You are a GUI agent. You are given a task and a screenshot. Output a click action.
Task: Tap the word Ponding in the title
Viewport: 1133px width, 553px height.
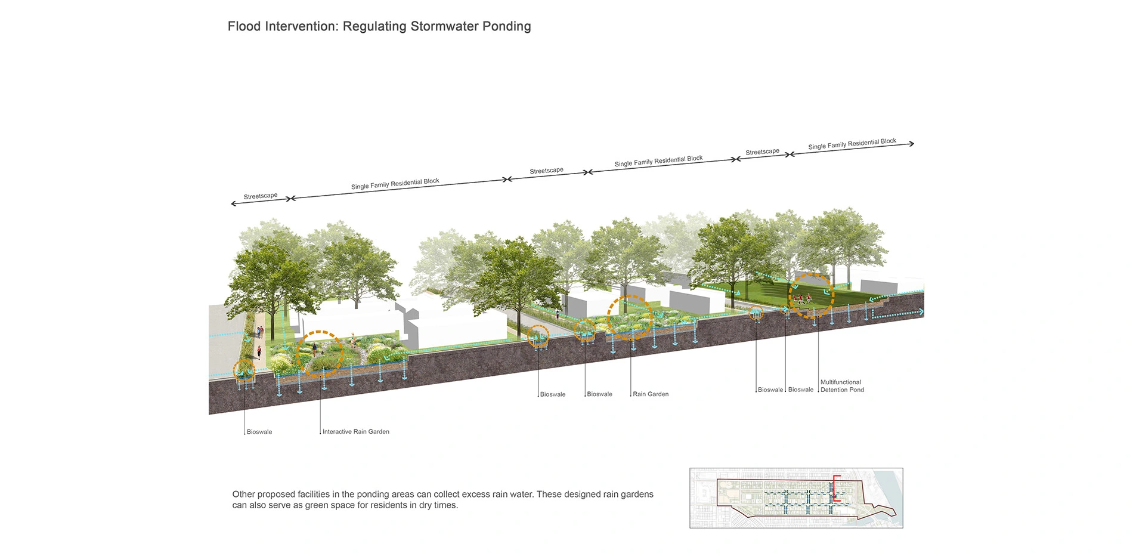[506, 26]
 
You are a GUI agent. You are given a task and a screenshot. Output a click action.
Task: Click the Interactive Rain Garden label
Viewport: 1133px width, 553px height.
[355, 431]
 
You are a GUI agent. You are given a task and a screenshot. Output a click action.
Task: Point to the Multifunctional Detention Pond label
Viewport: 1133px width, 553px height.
[841, 386]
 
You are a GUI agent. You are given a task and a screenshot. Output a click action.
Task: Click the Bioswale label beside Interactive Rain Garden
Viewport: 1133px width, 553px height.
[259, 432]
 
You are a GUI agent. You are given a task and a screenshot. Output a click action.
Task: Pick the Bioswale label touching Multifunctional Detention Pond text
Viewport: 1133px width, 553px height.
[801, 390]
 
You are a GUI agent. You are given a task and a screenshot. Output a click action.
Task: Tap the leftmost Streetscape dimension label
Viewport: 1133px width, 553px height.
[261, 196]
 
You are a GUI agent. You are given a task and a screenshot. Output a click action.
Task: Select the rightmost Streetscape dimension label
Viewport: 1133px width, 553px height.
[762, 152]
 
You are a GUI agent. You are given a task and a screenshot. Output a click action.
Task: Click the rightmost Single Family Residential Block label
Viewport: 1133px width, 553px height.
[852, 144]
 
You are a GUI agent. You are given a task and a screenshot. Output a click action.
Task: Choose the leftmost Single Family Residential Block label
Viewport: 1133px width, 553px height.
[395, 184]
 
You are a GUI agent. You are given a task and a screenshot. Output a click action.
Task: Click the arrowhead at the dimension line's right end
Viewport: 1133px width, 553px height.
[912, 144]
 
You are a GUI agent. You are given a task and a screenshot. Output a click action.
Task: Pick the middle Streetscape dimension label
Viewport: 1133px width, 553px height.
[546, 171]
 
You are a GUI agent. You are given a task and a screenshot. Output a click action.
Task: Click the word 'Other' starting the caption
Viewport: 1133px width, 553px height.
[243, 494]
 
